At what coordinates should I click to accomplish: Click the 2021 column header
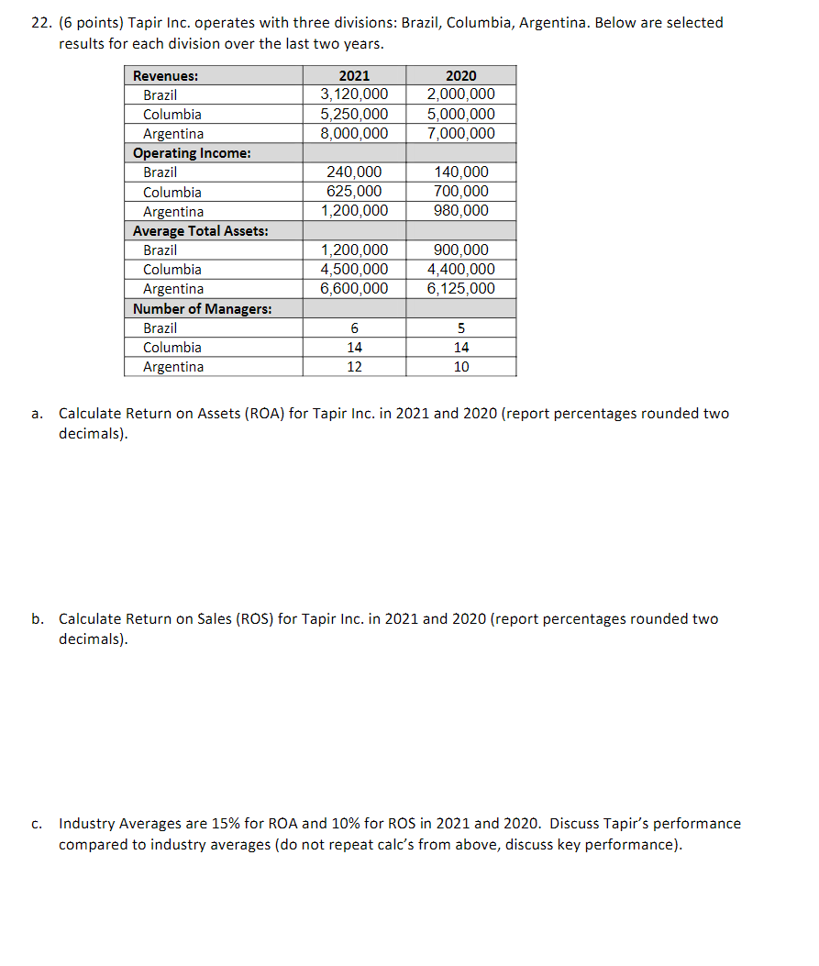pyautogui.click(x=354, y=75)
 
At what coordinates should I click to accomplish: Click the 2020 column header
pyautogui.click(x=460, y=75)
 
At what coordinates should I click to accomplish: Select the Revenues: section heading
pyautogui.click(x=166, y=75)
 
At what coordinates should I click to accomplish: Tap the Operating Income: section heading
pyautogui.click(x=193, y=153)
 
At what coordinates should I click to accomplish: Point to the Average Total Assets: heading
pyautogui.click(x=201, y=231)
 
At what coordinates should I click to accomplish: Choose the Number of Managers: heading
pyautogui.click(x=202, y=309)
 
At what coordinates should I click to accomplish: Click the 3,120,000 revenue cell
pyautogui.click(x=354, y=94)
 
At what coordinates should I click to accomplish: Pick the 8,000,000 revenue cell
pyautogui.click(x=354, y=133)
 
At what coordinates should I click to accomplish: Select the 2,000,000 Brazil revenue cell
pyautogui.click(x=460, y=94)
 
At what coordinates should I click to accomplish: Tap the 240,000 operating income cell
pyautogui.click(x=354, y=172)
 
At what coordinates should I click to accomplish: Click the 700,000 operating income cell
pyautogui.click(x=460, y=192)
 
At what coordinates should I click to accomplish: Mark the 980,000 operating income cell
pyautogui.click(x=460, y=211)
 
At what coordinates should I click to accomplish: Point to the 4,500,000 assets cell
pyautogui.click(x=354, y=270)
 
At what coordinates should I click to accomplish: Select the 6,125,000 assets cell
pyautogui.click(x=460, y=289)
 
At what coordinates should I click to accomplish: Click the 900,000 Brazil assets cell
pyautogui.click(x=460, y=250)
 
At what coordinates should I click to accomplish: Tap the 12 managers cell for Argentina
pyautogui.click(x=354, y=367)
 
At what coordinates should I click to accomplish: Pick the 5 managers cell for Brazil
pyautogui.click(x=460, y=328)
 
